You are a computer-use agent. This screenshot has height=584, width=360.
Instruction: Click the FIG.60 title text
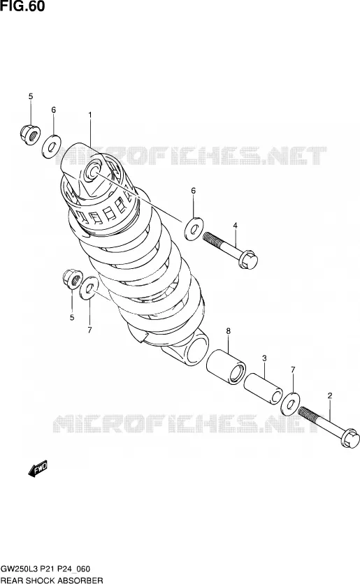(x=23, y=6)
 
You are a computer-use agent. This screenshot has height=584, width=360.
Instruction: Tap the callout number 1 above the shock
(x=89, y=115)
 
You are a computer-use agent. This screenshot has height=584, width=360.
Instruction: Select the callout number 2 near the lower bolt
(x=329, y=395)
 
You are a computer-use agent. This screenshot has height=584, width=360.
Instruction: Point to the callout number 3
(x=264, y=358)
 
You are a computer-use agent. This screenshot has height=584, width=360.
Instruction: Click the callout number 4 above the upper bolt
(x=235, y=226)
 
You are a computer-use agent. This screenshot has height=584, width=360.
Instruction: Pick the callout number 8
(x=228, y=330)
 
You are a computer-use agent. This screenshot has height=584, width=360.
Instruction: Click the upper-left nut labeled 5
(x=30, y=134)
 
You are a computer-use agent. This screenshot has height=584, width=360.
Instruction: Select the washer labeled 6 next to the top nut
(x=52, y=147)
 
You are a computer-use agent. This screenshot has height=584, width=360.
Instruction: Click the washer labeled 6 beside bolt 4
(x=194, y=228)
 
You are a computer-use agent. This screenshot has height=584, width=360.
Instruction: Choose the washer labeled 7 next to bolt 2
(x=290, y=403)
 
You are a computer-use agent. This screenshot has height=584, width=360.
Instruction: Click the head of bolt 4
(x=249, y=260)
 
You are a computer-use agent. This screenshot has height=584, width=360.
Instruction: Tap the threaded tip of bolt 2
(x=301, y=411)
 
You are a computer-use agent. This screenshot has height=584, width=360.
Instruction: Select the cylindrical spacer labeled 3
(x=263, y=389)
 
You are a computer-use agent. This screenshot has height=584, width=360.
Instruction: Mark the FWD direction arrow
(x=38, y=469)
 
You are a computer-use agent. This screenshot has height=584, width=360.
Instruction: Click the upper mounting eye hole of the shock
(x=92, y=171)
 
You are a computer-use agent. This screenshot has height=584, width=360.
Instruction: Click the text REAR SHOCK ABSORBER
(x=52, y=581)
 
